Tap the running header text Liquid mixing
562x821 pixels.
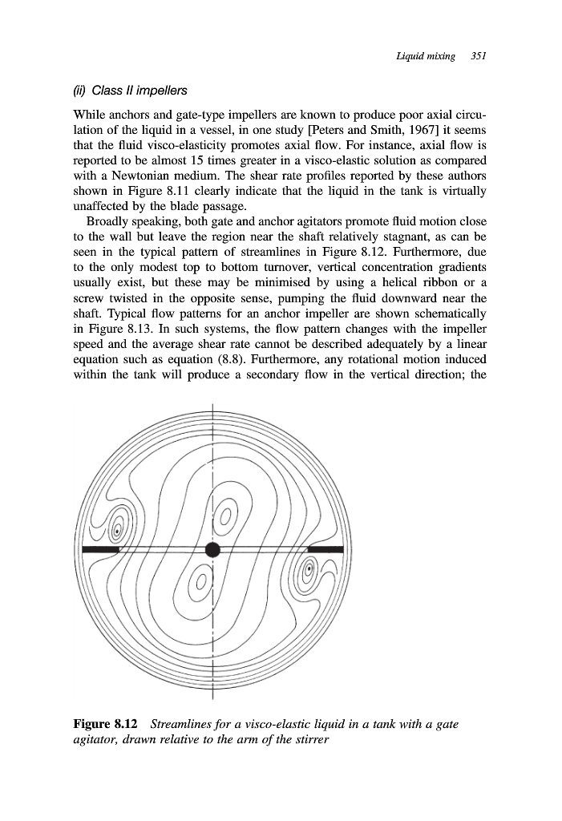426,56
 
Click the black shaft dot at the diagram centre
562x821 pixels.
212,549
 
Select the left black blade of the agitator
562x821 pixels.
102,549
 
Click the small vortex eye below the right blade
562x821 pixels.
308,572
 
